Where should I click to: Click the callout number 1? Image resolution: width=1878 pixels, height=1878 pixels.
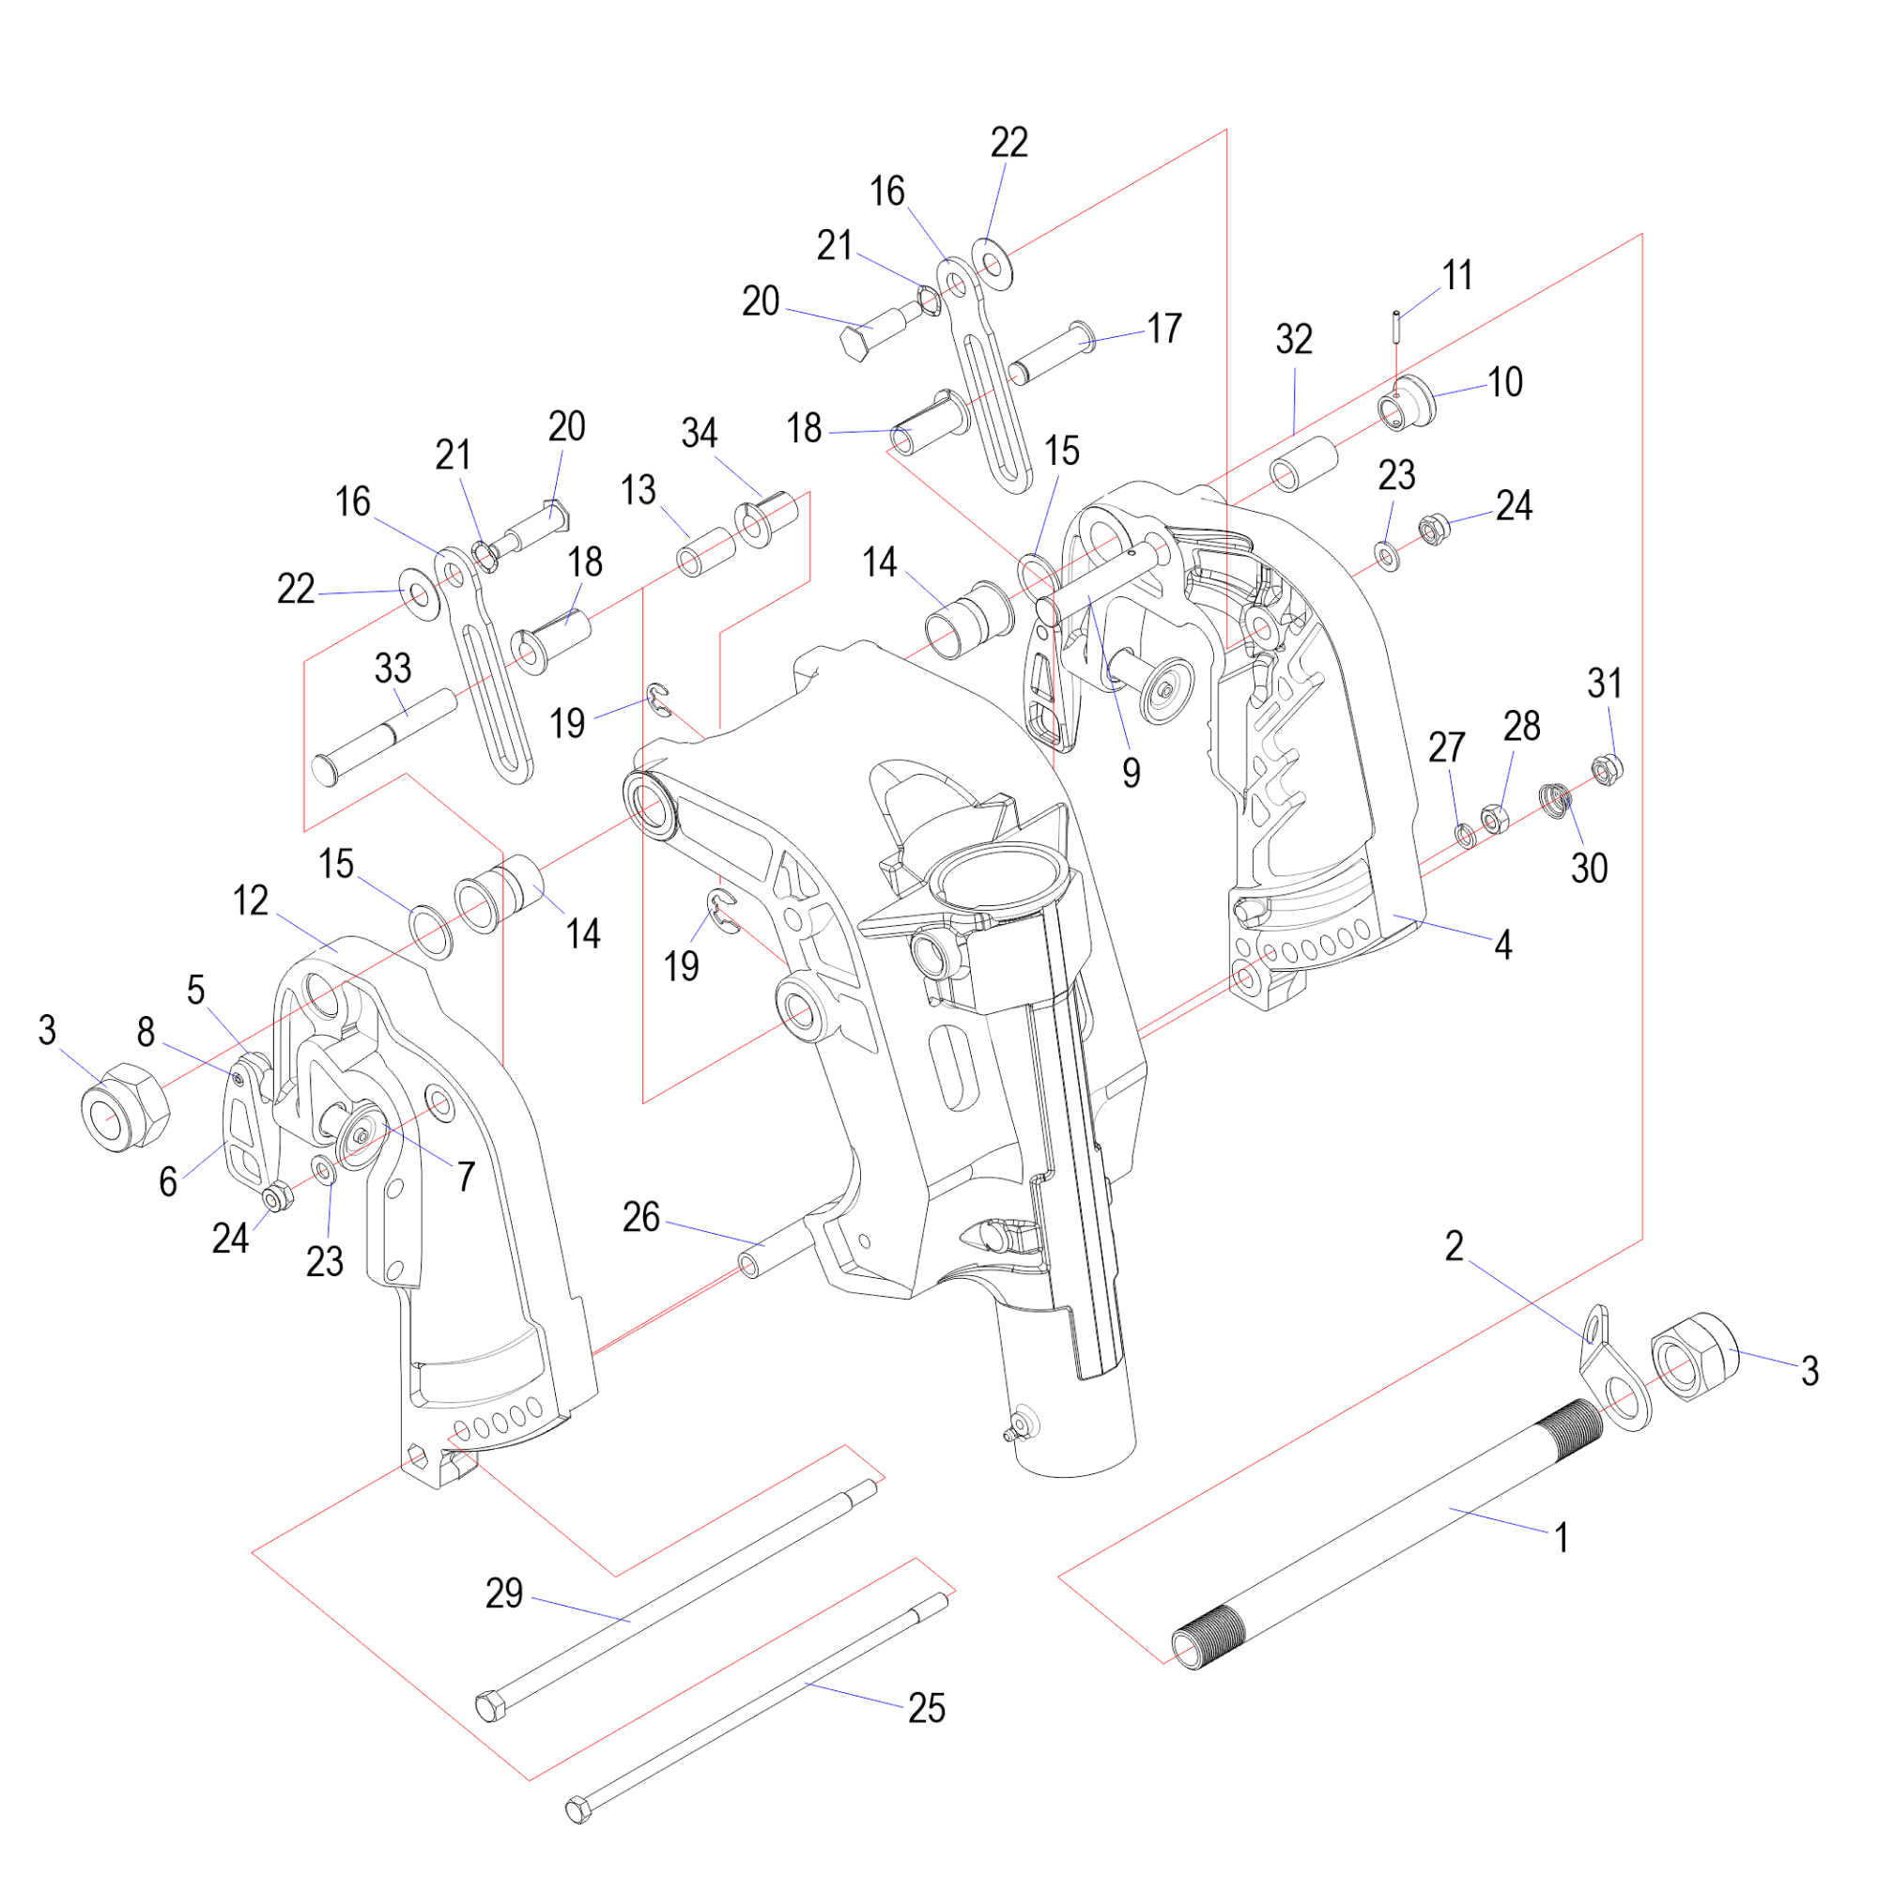pyautogui.click(x=1562, y=1539)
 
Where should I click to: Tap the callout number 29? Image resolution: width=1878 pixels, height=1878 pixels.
pyautogui.click(x=503, y=1593)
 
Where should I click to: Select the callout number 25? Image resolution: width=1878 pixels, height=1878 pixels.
pyautogui.click(x=927, y=1708)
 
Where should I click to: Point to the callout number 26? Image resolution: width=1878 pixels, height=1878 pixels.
pyautogui.click(x=640, y=1217)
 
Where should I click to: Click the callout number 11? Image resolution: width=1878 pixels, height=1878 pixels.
pyautogui.click(x=1457, y=275)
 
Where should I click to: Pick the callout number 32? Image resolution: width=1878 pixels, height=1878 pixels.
pyautogui.click(x=1294, y=339)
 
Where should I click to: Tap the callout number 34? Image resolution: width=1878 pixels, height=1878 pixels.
pyautogui.click(x=699, y=433)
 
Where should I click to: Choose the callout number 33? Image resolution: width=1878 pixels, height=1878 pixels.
pyautogui.click(x=393, y=668)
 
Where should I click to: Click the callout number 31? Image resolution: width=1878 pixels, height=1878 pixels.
pyautogui.click(x=1605, y=684)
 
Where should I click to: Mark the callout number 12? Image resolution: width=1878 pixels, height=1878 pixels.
pyautogui.click(x=251, y=901)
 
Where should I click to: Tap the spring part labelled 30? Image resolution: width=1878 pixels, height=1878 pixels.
pyautogui.click(x=1556, y=800)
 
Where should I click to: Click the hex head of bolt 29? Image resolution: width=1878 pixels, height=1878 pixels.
pyautogui.click(x=490, y=1707)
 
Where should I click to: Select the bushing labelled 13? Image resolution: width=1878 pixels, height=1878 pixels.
pyautogui.click(x=705, y=552)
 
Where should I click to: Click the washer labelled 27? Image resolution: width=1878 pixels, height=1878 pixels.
pyautogui.click(x=1465, y=834)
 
